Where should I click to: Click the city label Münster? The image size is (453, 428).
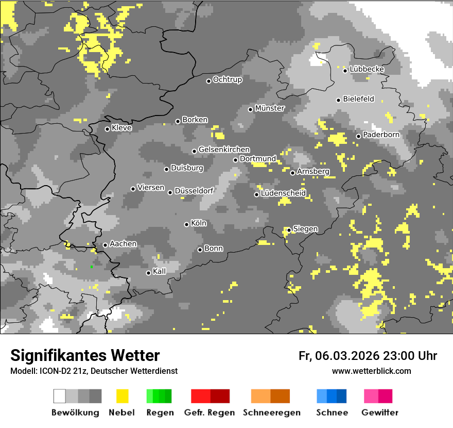tap(270, 108)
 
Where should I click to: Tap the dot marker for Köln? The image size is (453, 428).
tap(186, 224)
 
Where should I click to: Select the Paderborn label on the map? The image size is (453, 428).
tap(381, 135)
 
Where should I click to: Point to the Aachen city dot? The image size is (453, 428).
tap(105, 245)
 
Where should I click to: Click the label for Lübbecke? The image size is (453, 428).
tap(367, 69)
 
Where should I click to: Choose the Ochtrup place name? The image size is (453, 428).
tap(227, 79)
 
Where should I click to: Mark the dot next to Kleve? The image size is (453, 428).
tap(107, 129)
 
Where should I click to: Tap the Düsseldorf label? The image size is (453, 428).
tap(194, 191)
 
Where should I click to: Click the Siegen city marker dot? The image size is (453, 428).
tap(289, 230)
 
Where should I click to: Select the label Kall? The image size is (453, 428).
tap(159, 271)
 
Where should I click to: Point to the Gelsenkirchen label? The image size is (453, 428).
tap(224, 150)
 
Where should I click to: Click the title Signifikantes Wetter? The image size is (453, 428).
tap(85, 355)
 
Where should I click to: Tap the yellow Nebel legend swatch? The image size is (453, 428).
tap(122, 396)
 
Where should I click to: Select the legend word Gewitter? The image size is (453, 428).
tap(379, 413)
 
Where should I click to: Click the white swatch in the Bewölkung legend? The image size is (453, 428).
tap(60, 396)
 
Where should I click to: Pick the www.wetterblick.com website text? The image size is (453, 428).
tap(371, 371)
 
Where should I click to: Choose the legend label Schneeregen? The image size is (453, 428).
tap(271, 413)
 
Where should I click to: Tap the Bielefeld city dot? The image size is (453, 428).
tap(338, 100)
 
